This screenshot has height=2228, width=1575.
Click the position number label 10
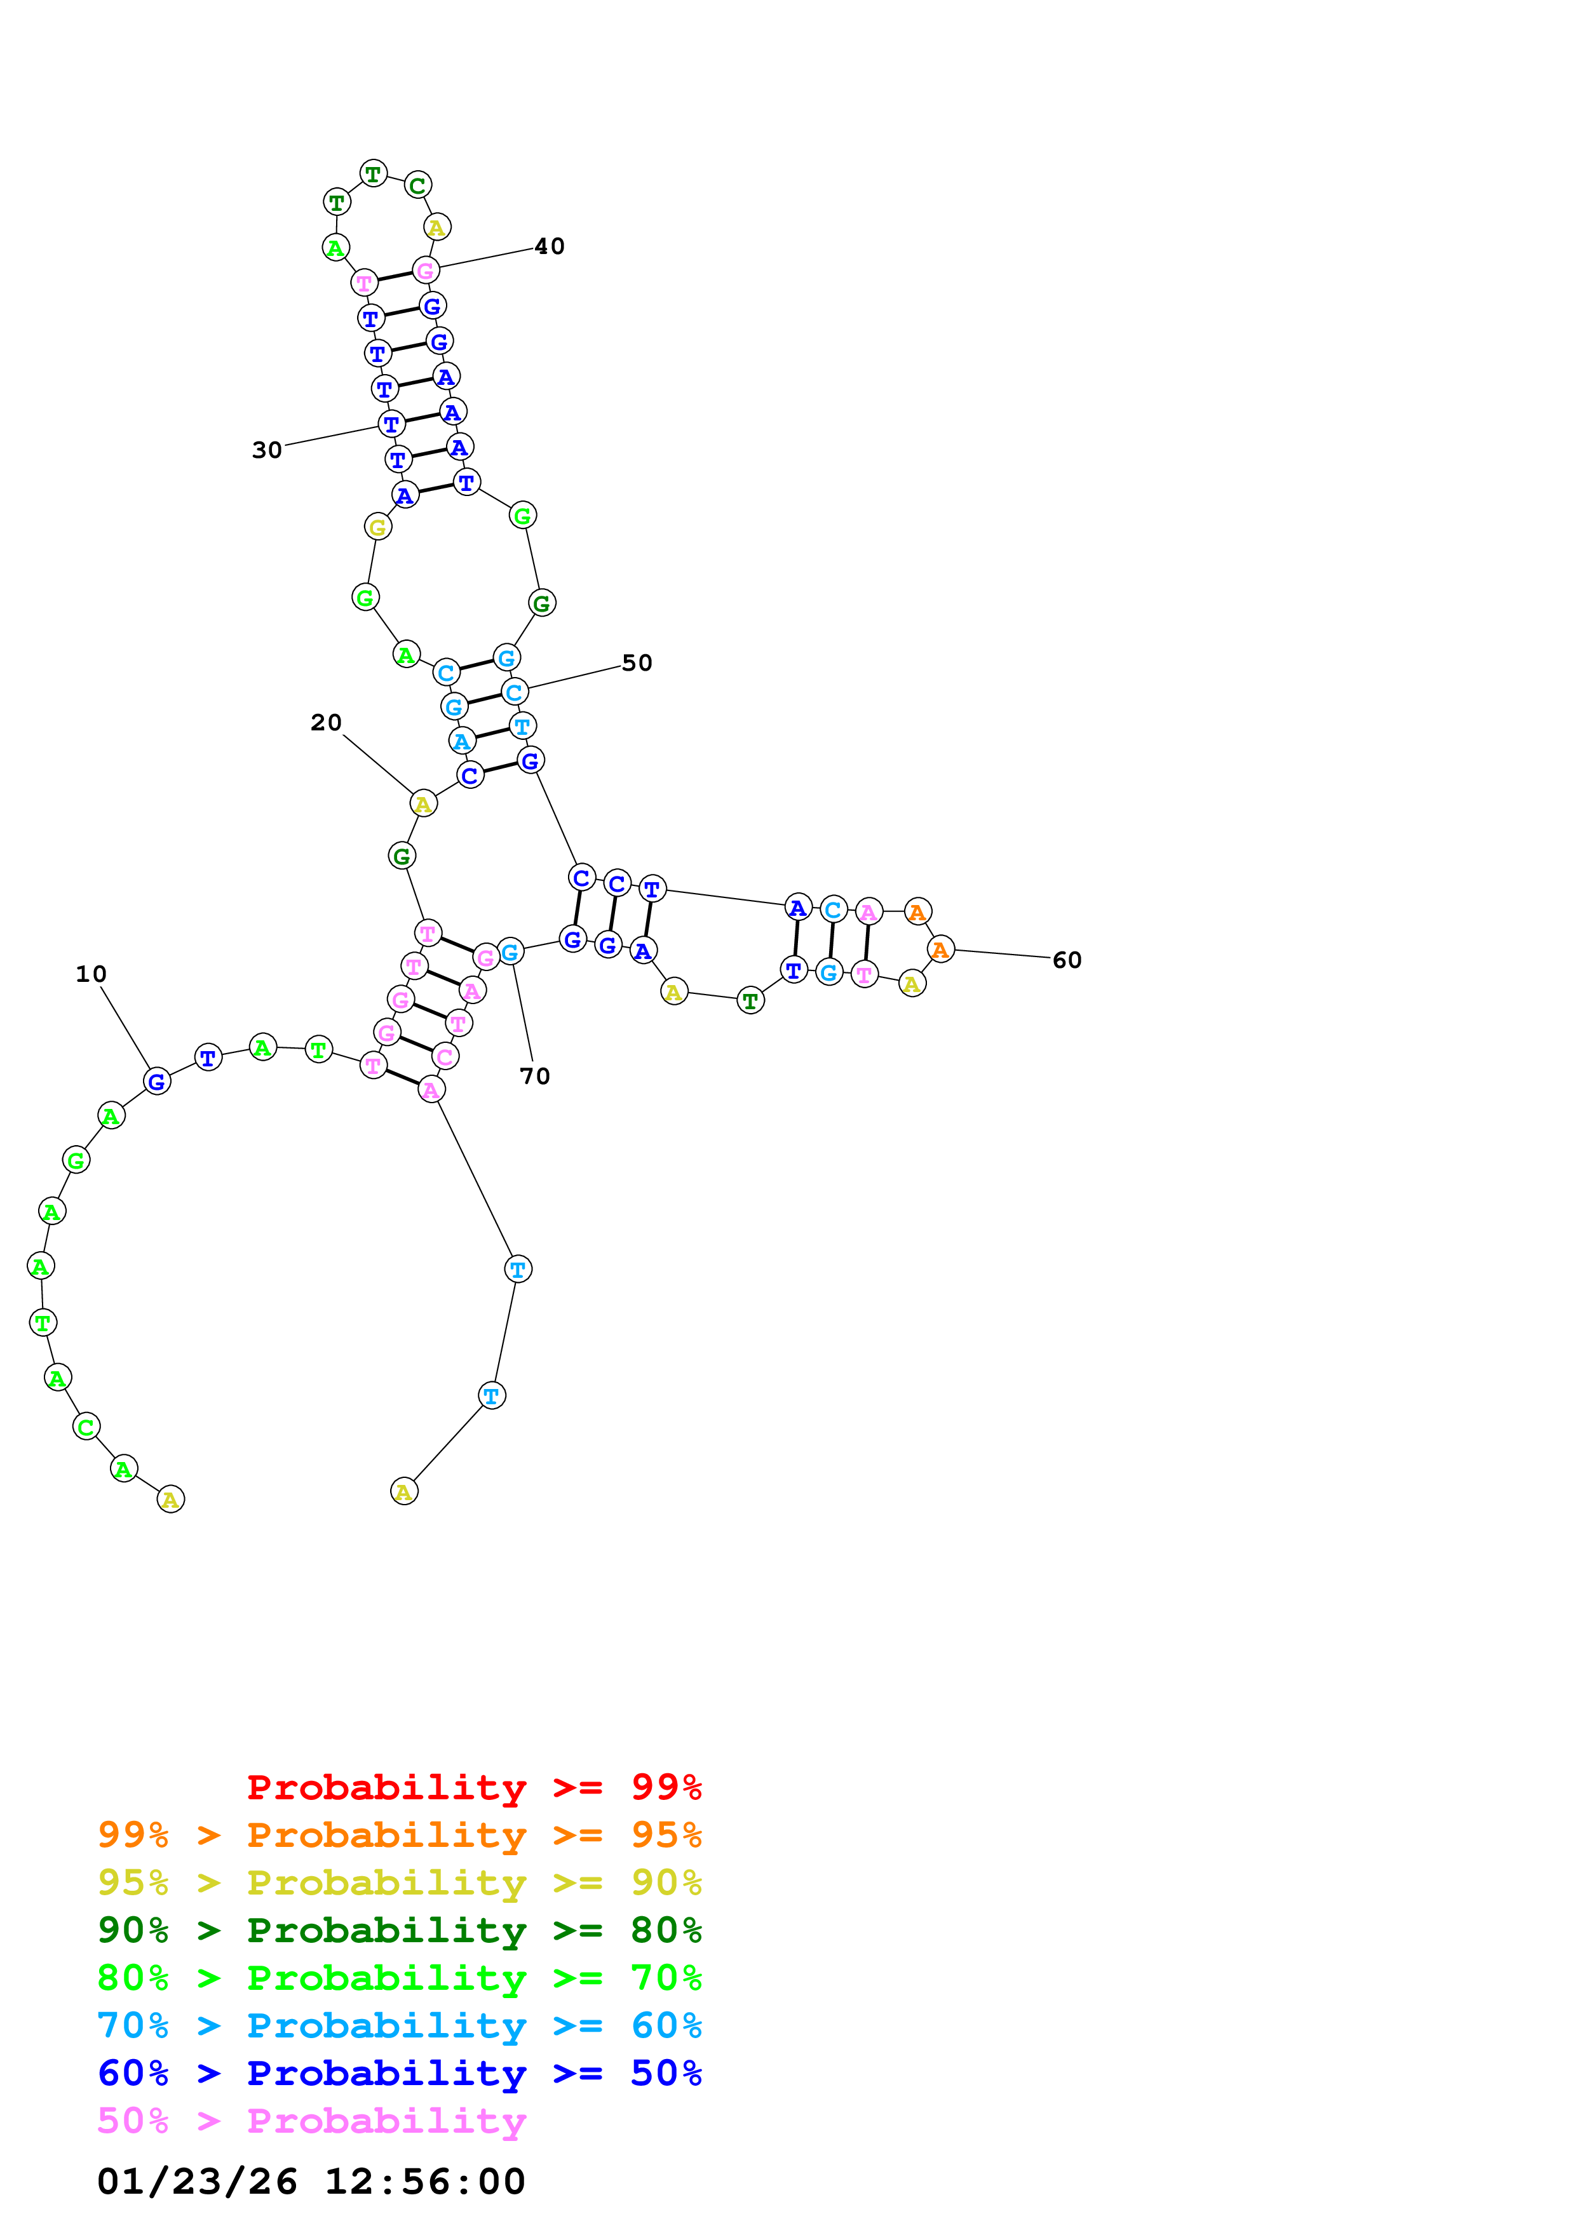tap(91, 974)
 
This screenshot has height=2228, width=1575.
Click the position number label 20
tap(326, 723)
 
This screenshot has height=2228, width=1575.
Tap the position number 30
tap(267, 450)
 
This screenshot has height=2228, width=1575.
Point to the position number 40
tap(550, 246)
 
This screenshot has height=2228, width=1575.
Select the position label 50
tap(637, 663)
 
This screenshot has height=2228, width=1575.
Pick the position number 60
tap(1067, 960)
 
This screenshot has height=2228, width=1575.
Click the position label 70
tap(535, 1076)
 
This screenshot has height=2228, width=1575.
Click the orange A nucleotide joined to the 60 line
tap(940, 949)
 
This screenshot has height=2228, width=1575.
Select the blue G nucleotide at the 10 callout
tap(156, 1081)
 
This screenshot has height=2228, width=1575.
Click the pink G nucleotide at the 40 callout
tap(425, 271)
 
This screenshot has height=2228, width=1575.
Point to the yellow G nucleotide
tap(377, 527)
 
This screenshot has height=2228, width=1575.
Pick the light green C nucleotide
tap(86, 1426)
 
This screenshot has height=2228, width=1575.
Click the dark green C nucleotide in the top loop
tap(417, 185)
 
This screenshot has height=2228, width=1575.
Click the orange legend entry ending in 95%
tap(399, 1834)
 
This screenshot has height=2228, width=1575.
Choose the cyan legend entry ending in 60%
tap(399, 2025)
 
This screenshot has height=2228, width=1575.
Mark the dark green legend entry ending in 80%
tap(399, 1930)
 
